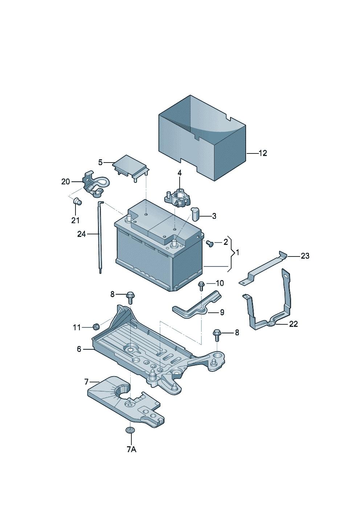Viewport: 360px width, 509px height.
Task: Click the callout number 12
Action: click(263, 153)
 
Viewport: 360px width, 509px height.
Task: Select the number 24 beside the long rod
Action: click(81, 234)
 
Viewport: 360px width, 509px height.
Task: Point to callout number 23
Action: click(305, 256)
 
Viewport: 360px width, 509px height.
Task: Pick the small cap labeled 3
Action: click(195, 214)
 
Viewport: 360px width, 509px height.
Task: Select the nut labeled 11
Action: click(96, 327)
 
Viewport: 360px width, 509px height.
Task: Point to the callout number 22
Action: click(293, 324)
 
